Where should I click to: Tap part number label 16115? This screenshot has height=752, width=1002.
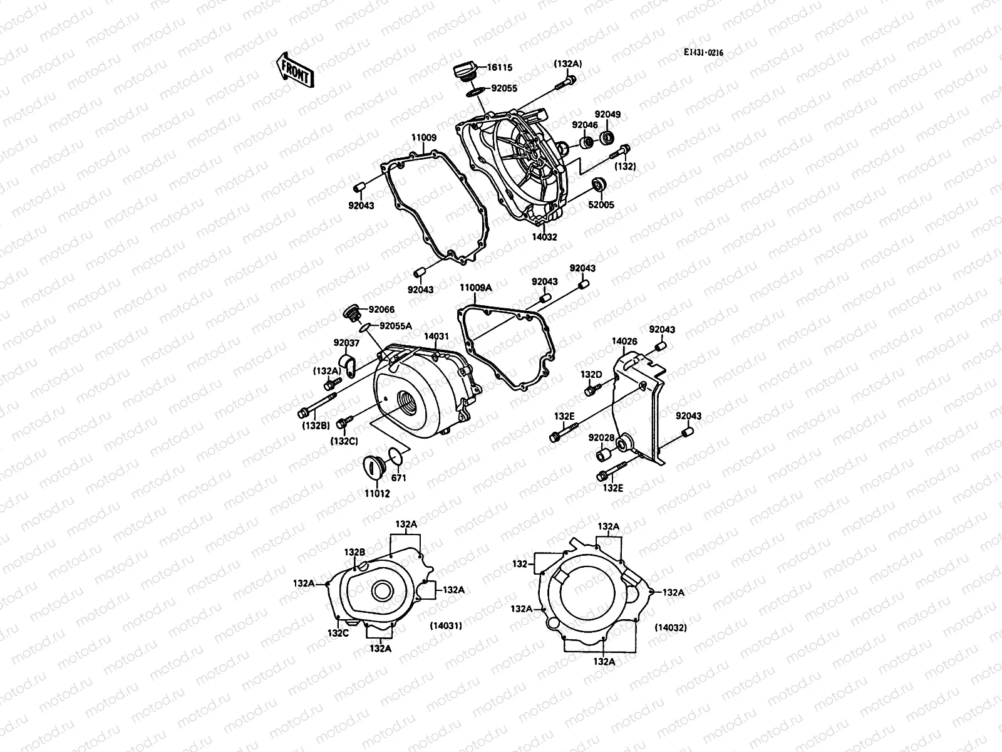[x=500, y=67]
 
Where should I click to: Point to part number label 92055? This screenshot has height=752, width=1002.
[x=504, y=89]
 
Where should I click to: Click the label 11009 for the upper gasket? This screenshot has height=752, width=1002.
[x=424, y=137]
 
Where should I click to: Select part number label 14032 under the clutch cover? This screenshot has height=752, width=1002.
[x=544, y=238]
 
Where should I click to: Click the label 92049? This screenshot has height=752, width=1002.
[x=607, y=114]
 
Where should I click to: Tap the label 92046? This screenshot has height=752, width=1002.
[x=584, y=125]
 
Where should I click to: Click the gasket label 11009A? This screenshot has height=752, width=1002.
[x=476, y=288]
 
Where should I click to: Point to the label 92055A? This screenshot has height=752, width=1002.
[x=396, y=326]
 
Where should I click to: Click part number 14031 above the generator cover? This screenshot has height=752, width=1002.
[x=436, y=337]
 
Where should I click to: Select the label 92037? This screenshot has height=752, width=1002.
[x=346, y=343]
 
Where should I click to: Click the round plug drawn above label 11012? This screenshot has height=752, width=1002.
[x=374, y=467]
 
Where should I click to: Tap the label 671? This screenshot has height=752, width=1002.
[x=399, y=478]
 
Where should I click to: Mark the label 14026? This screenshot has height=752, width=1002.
[x=624, y=342]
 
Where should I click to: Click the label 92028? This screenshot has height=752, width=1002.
[x=601, y=437]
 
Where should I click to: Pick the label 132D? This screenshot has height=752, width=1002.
[x=591, y=375]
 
